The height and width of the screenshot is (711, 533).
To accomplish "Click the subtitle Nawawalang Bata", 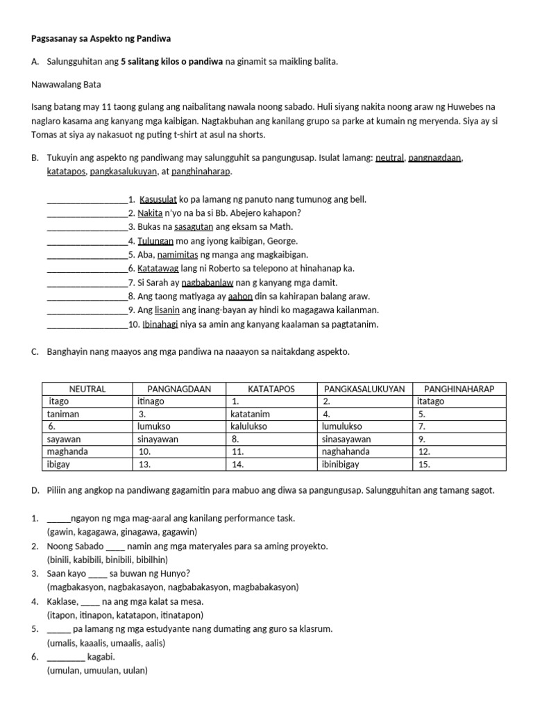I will tap(66, 84).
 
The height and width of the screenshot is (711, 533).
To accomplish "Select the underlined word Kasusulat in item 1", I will tap(159, 199).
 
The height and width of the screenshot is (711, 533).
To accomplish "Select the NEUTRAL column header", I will tap(87, 389).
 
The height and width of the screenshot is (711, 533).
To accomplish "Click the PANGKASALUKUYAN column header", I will tap(364, 389).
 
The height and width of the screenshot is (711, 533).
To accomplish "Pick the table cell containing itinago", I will tap(179, 401).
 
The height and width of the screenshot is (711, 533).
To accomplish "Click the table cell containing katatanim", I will tap(271, 414).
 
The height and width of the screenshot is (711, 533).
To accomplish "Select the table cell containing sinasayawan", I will tap(364, 439).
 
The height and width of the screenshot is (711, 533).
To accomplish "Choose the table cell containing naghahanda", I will tap(364, 451).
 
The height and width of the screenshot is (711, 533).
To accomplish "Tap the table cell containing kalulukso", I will tap(271, 426).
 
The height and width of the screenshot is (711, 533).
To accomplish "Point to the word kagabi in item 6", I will tap(101, 657).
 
